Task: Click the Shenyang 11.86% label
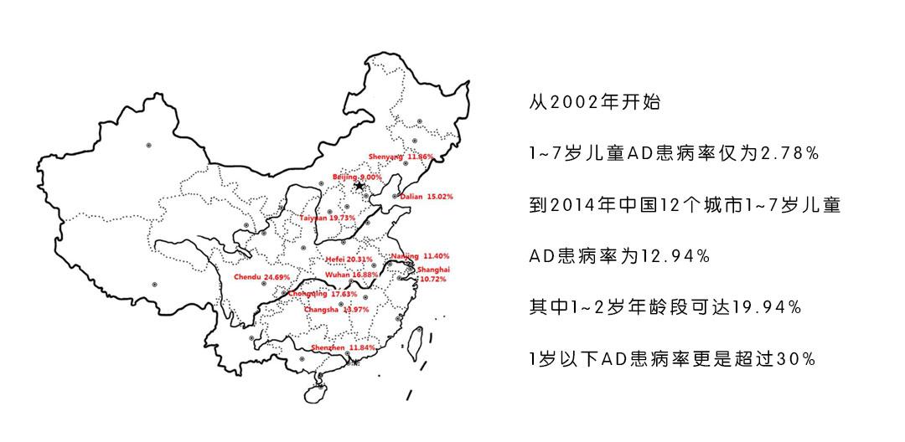(x=401, y=157)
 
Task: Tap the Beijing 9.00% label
(x=357, y=177)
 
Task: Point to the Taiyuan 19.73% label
(x=328, y=218)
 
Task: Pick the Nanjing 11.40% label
(x=420, y=255)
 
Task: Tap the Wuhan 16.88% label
(x=351, y=274)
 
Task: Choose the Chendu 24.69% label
(x=261, y=276)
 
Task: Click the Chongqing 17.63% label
(x=323, y=294)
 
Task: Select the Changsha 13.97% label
(x=336, y=310)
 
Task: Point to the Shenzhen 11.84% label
(x=343, y=347)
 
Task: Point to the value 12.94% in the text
(x=675, y=256)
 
